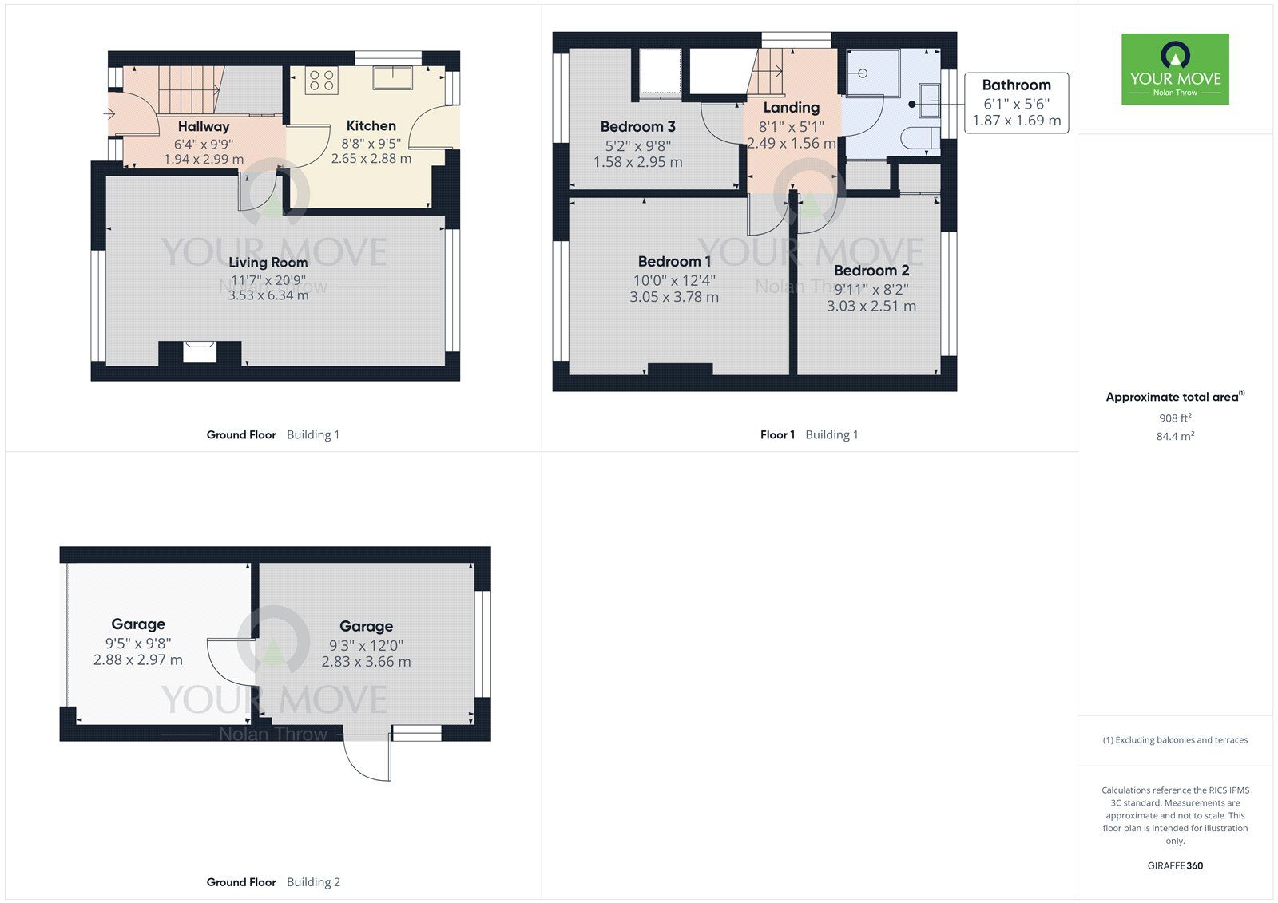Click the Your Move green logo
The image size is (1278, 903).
(1175, 69)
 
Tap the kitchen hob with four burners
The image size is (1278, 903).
(322, 81)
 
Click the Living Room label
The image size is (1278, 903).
(268, 262)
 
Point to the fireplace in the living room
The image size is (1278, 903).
(200, 351)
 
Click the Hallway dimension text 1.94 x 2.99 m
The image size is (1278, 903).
(204, 159)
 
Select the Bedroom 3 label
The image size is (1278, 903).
(637, 126)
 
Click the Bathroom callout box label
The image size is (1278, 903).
(1016, 85)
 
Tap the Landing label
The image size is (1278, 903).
(791, 107)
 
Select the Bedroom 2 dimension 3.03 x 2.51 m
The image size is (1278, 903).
(871, 306)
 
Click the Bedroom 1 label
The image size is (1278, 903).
(674, 261)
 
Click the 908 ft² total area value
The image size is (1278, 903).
(1175, 418)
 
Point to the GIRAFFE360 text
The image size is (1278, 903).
(1175, 865)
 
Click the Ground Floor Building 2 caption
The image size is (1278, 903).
(273, 881)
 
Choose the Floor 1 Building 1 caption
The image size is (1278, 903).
(808, 434)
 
